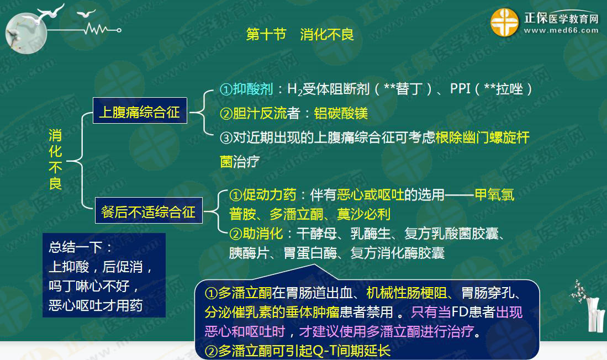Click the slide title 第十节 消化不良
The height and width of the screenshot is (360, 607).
pos(300,34)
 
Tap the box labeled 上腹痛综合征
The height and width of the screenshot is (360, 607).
pos(140,111)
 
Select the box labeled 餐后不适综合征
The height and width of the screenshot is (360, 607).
pos(149,210)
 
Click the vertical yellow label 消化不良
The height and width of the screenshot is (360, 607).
pos(55,159)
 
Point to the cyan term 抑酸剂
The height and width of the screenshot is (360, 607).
pos(253,89)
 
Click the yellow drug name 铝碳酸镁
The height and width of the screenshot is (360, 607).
pos(341,113)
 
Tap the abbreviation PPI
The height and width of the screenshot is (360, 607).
pos(460,89)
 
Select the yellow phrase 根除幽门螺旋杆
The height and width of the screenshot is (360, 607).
pos(482,137)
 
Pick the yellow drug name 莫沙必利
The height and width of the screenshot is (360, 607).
pos(363,214)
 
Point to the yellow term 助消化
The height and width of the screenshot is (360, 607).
pos(263,234)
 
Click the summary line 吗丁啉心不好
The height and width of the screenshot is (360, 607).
pos(89,286)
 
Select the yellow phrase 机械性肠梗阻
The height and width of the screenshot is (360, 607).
pos(407,293)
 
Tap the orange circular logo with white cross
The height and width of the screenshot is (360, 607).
pos(504,23)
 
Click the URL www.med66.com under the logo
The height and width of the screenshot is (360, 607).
pos(561,30)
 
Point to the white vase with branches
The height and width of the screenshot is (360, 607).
pos(590,306)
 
